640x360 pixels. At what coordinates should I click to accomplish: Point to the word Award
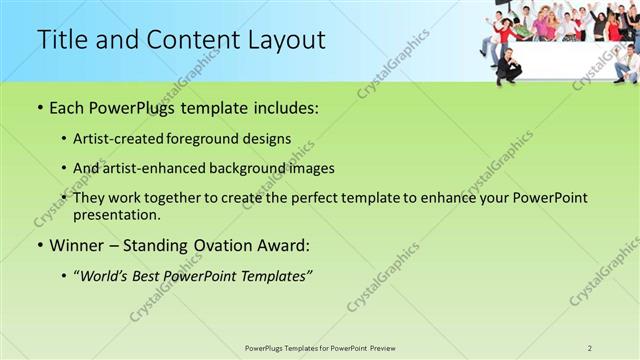[280, 245]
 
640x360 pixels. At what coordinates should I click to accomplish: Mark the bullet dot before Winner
[40, 245]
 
